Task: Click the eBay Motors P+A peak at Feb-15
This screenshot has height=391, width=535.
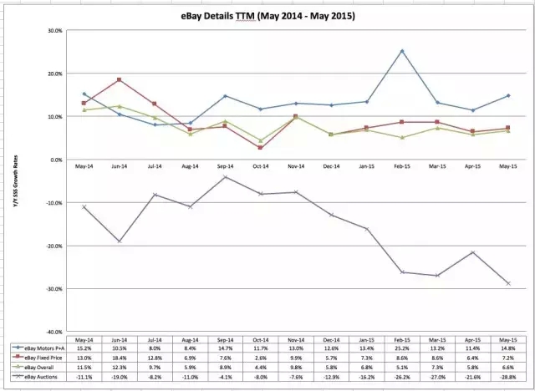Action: coord(402,51)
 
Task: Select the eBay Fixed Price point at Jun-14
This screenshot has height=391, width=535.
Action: coord(120,80)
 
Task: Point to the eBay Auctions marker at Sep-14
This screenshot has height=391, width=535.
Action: coord(226,177)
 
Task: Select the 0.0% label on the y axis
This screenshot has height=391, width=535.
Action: coord(54,160)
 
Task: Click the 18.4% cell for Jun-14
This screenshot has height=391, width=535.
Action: coord(120,358)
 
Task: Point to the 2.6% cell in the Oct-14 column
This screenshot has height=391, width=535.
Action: coord(261,358)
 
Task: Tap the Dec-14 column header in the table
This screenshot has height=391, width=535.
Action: coord(332,338)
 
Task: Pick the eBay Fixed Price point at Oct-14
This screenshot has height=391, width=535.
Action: coord(261,148)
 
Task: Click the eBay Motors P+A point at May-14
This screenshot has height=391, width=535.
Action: coord(84,94)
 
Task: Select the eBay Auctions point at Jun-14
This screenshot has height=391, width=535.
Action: coord(120,241)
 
